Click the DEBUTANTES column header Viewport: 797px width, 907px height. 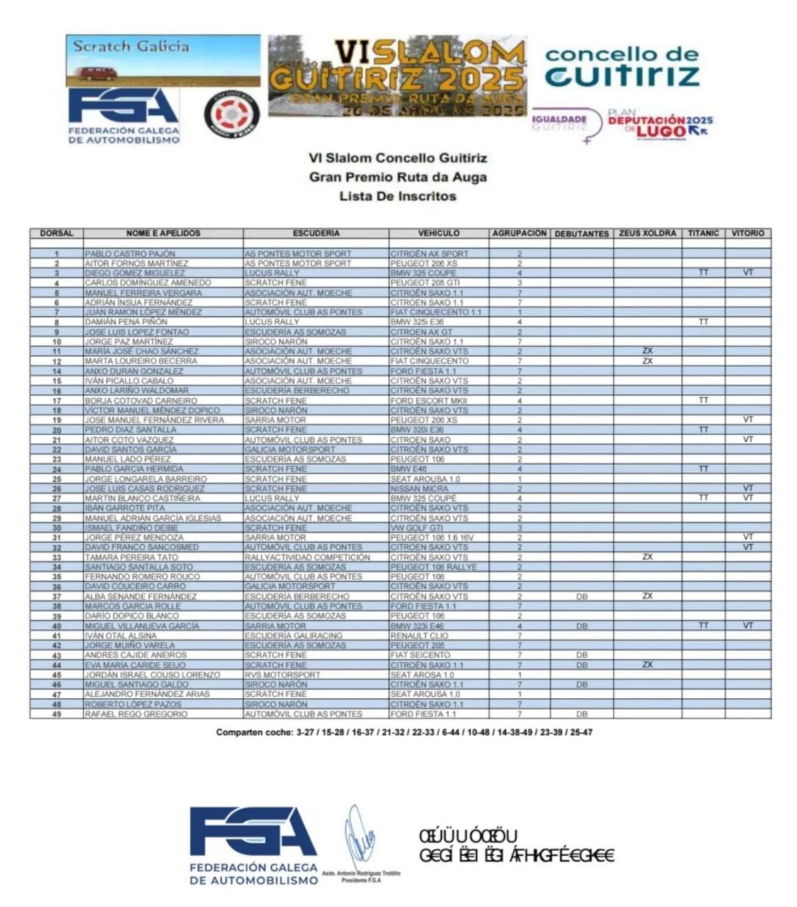click(582, 233)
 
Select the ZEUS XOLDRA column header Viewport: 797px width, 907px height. click(648, 233)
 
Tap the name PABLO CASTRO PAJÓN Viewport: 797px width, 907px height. click(130, 254)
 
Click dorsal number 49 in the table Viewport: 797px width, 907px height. click(56, 714)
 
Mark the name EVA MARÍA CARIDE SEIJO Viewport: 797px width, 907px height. click(135, 665)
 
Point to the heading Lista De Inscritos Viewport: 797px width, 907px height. click(397, 196)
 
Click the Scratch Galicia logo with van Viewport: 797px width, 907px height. click(163, 61)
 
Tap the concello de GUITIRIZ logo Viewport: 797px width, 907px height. click(622, 67)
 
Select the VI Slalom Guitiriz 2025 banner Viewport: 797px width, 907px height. click(397, 77)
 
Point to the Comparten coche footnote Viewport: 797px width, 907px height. click(404, 732)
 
